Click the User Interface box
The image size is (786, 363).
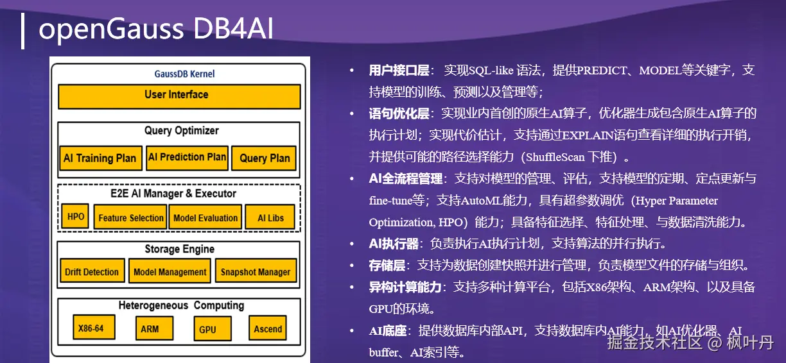[x=179, y=96]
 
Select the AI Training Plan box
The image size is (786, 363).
[x=101, y=158]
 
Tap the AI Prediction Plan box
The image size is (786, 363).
[x=187, y=158]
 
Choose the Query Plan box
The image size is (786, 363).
[x=264, y=158]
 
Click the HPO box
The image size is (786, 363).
[x=75, y=217]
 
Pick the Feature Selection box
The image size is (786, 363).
[x=130, y=217]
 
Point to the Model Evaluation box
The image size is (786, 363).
[x=205, y=217]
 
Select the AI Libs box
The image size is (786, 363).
[x=270, y=217]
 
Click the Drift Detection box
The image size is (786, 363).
[x=92, y=271]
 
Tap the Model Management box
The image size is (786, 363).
[x=170, y=271]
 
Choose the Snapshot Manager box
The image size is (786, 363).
[x=256, y=271]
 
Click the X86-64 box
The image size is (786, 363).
[x=94, y=328]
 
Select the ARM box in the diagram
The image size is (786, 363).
[x=154, y=328]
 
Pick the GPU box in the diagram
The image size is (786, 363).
[x=213, y=328]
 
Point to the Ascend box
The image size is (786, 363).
[x=268, y=328]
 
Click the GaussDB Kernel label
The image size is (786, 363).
[x=184, y=74]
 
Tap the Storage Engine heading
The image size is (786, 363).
[x=179, y=249]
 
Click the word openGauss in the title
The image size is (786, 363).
[x=111, y=30]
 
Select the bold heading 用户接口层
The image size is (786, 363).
[x=399, y=71]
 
